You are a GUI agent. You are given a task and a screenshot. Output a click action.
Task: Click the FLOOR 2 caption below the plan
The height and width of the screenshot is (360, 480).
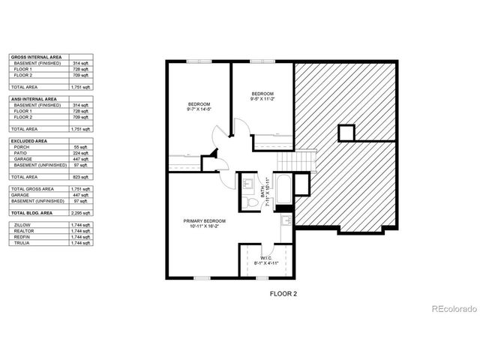283,294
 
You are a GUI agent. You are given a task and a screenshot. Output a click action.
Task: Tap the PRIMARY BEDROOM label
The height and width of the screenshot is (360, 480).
205,223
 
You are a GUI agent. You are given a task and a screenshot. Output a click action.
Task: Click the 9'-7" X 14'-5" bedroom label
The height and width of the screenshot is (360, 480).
199,106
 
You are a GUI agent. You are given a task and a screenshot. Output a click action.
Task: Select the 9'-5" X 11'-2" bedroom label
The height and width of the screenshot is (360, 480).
263,96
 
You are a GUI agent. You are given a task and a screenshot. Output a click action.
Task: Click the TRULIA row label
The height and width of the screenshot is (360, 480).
22,243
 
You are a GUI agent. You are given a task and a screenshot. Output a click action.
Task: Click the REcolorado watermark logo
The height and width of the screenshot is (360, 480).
451,309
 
